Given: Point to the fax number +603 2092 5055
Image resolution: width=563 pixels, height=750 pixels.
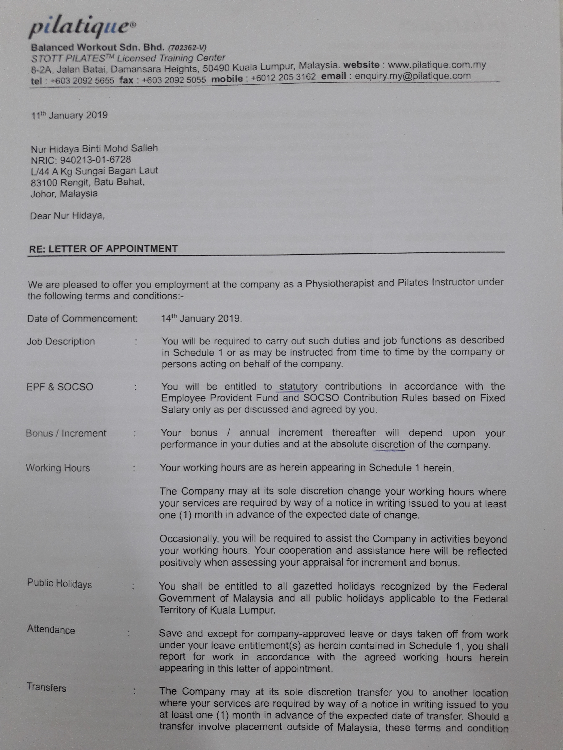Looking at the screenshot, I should pos(174,80).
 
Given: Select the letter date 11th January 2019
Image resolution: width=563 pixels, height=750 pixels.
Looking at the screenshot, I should pos(70,115).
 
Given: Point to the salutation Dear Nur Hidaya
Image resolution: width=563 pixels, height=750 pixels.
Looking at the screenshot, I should pos(67,216).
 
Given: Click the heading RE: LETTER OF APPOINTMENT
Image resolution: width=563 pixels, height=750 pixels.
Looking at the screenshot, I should pos(103,249).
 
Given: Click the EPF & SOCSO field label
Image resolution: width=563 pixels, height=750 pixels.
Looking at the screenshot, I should pos(60,387).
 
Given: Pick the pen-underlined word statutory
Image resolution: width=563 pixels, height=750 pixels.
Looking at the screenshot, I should pos(298,386).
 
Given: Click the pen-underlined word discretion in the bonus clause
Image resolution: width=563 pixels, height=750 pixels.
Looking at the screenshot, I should pos(393,445).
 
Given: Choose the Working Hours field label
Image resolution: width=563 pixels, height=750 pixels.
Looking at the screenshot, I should pos(58,468).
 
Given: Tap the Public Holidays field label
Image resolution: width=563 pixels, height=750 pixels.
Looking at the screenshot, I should pos(59,584).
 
